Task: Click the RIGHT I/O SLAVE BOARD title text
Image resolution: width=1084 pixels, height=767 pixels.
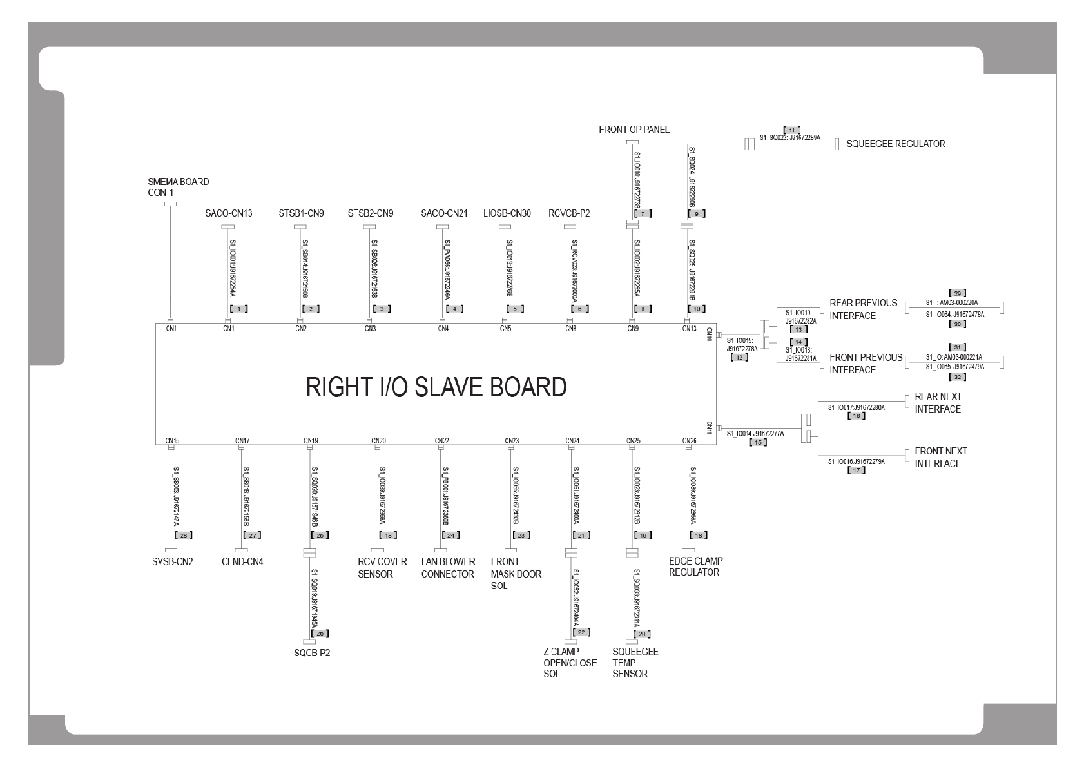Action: pos(436,387)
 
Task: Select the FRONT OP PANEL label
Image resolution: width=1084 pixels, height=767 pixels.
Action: pos(634,130)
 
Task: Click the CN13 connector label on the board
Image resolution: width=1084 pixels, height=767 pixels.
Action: pos(689,329)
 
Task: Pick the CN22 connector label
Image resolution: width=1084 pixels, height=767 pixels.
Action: pos(441,441)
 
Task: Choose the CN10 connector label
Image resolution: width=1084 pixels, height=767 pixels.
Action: pos(710,334)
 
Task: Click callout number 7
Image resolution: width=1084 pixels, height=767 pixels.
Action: pos(643,213)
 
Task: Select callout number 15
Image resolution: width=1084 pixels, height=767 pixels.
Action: pos(758,442)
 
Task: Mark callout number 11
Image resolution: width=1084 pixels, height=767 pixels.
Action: pos(792,130)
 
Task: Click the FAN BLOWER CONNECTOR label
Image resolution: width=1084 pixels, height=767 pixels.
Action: pos(448,568)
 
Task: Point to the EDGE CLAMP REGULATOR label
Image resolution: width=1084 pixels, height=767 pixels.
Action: pos(695,567)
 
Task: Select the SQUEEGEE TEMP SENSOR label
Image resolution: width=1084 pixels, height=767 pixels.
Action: pos(635,663)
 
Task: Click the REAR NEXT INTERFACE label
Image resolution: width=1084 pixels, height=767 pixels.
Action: pos(937,403)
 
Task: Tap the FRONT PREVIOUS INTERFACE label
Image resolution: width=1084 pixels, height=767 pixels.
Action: pos(866,364)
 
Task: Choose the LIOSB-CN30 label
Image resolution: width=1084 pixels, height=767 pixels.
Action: pos(507,213)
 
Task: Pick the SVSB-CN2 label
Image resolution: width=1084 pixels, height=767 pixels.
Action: pos(168,561)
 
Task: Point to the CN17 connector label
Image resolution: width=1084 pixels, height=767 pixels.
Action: pos(242,441)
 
